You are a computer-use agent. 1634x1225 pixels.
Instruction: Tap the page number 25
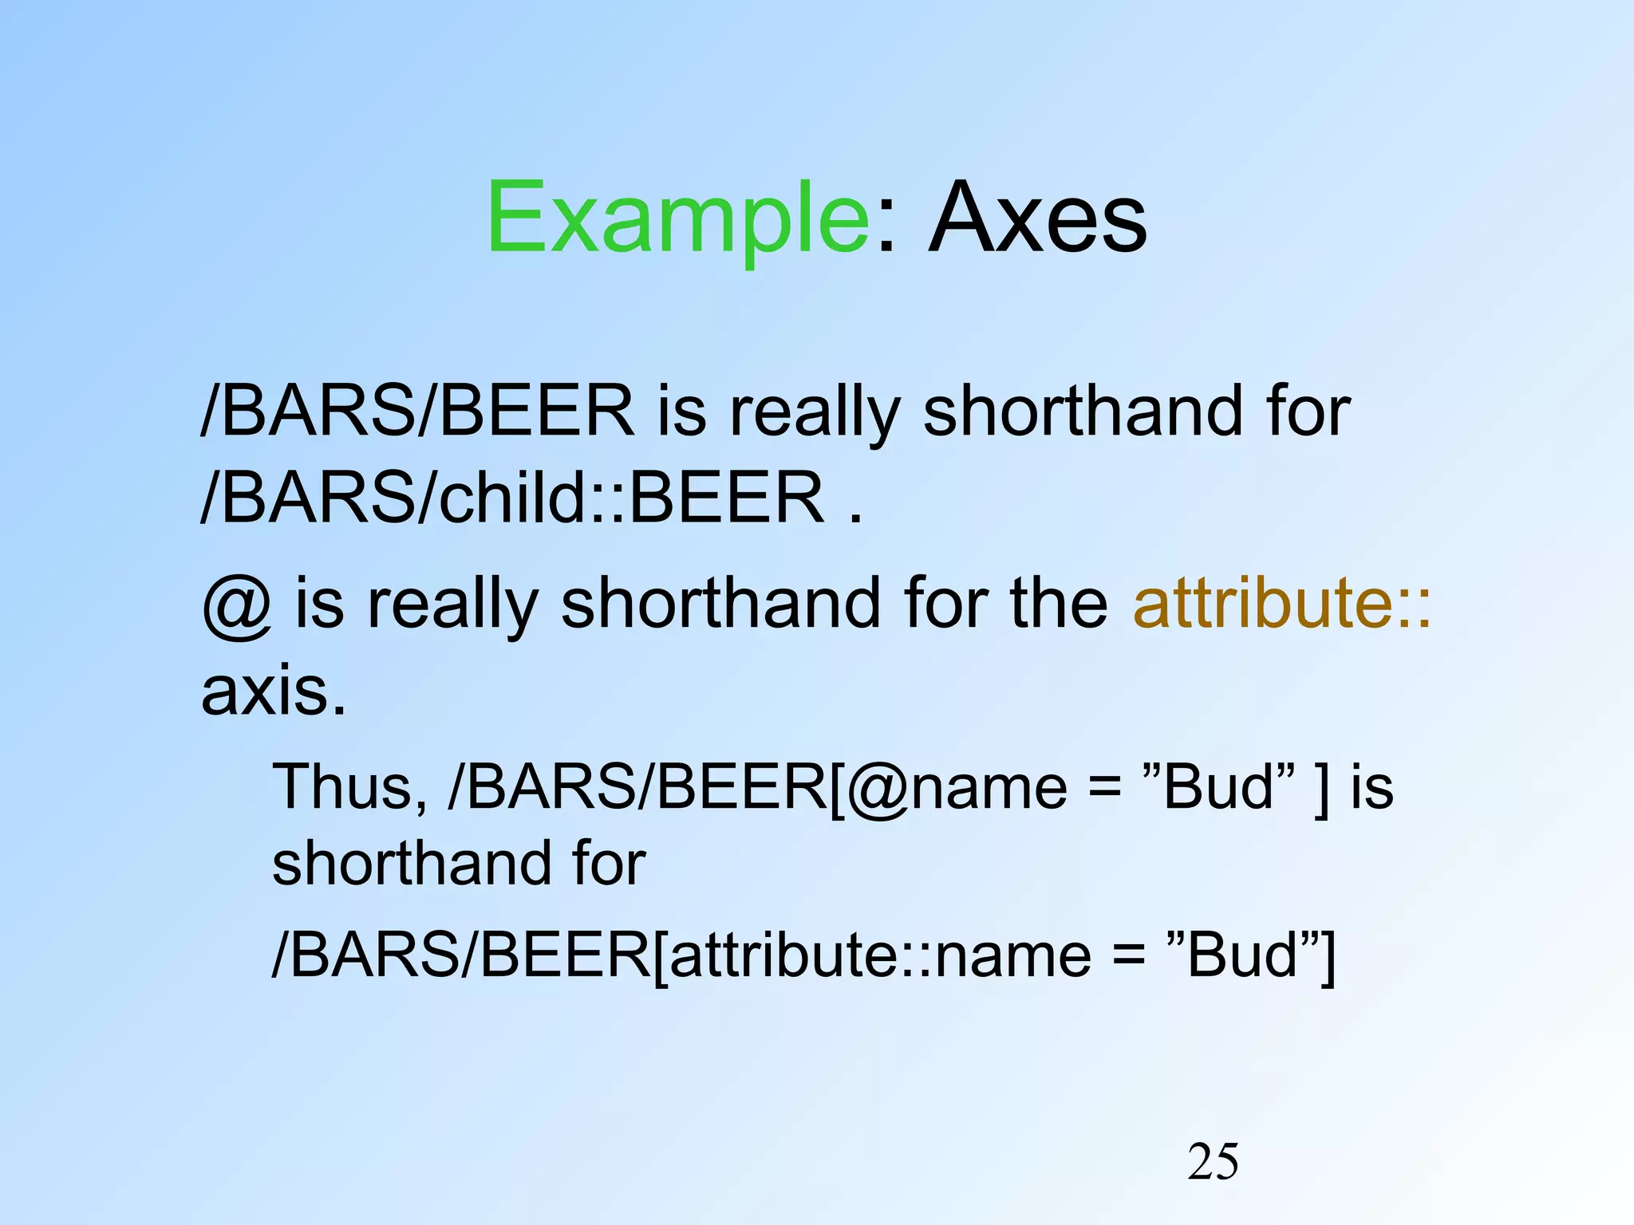coord(1213,1161)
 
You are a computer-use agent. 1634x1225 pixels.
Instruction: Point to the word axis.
coord(273,691)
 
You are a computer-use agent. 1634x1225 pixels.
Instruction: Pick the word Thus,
coord(349,786)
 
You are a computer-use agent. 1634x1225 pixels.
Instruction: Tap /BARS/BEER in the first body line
coord(417,411)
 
